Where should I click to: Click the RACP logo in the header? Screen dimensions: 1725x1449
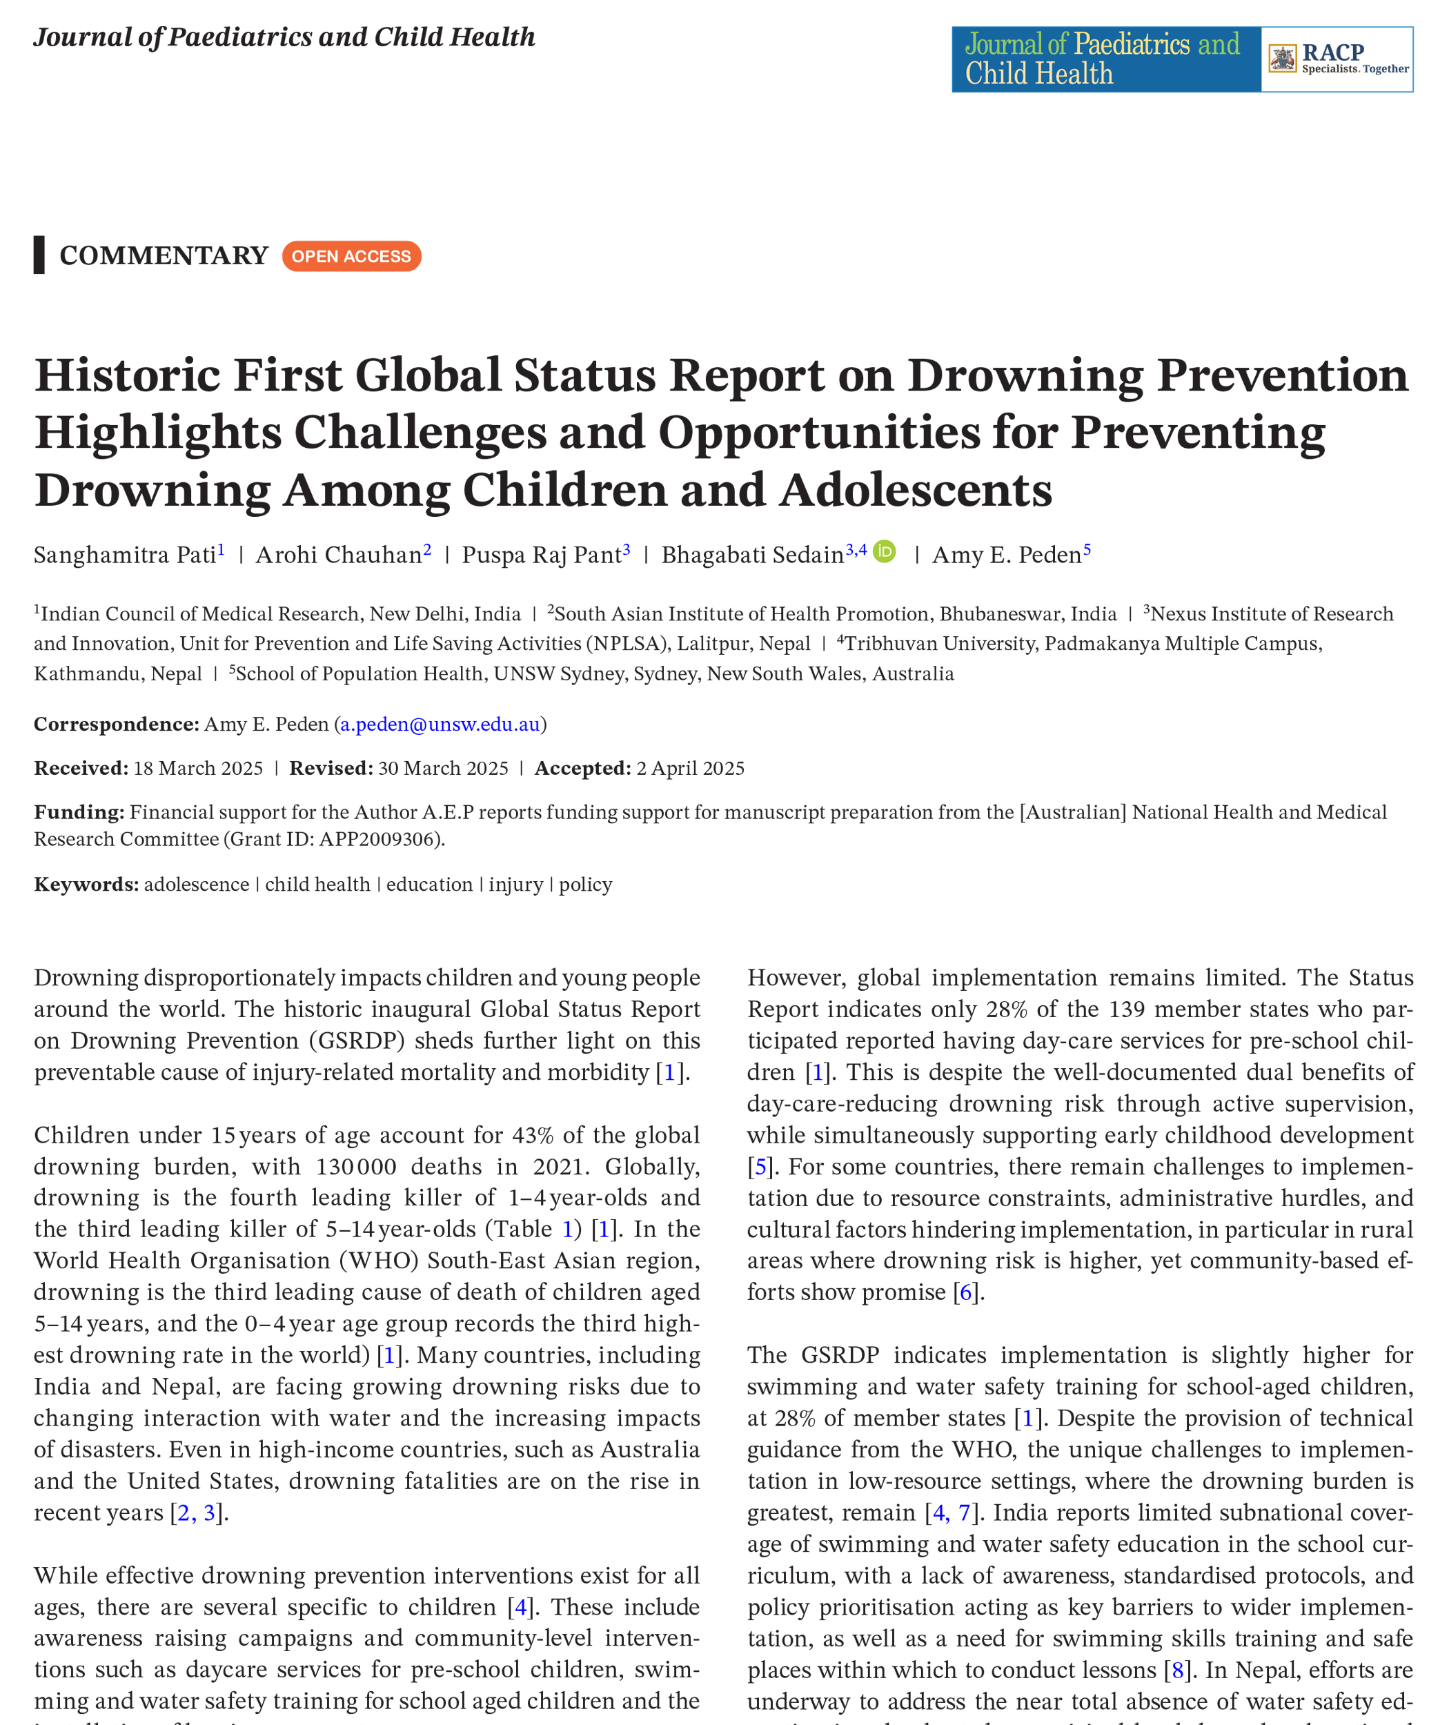point(1337,59)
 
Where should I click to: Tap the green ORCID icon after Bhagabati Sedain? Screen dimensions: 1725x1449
point(885,551)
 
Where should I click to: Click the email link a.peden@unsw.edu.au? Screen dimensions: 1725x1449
point(440,724)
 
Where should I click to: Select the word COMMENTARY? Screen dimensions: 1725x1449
point(164,255)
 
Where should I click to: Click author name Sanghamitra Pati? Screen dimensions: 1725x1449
point(125,555)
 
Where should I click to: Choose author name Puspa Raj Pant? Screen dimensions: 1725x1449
point(542,555)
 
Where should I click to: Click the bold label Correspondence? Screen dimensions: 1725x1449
point(117,724)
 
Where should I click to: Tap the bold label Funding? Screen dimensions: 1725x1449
point(79,811)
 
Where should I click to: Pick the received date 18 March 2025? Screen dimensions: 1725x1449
point(198,768)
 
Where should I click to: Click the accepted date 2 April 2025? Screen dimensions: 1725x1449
point(690,768)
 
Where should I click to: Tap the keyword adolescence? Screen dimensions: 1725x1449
point(197,884)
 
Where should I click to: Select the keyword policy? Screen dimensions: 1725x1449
point(586,884)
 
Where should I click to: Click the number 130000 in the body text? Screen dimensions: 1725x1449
point(357,1166)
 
